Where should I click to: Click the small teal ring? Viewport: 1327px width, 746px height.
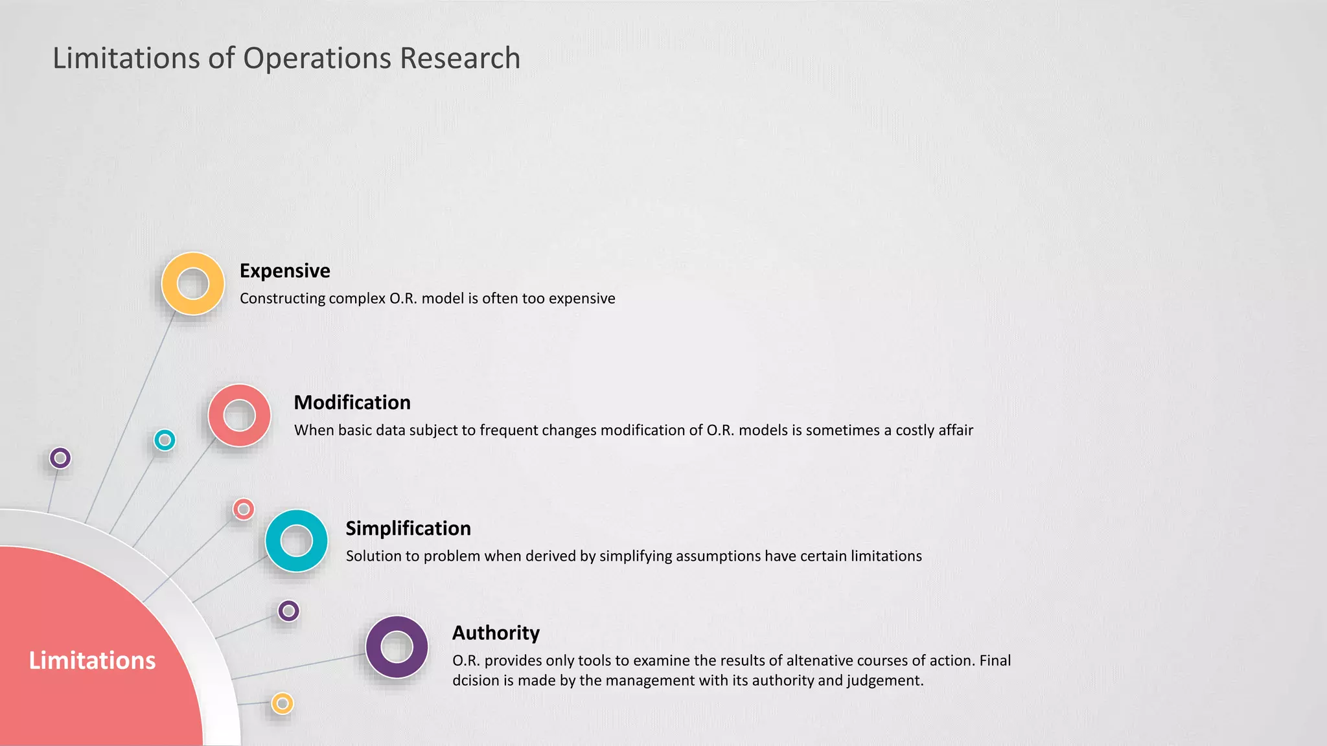point(165,440)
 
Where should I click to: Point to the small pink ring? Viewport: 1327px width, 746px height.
point(244,510)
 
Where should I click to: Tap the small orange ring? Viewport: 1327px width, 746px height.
point(283,703)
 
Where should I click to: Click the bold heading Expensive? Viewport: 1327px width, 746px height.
point(284,271)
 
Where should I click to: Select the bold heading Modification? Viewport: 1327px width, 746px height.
point(352,403)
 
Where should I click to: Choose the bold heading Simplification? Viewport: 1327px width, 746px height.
point(408,528)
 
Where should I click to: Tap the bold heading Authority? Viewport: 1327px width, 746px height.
point(496,633)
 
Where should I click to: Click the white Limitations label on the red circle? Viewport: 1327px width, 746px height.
point(92,661)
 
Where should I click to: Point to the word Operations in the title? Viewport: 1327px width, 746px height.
point(317,58)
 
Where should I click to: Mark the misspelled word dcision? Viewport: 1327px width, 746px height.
point(476,681)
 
